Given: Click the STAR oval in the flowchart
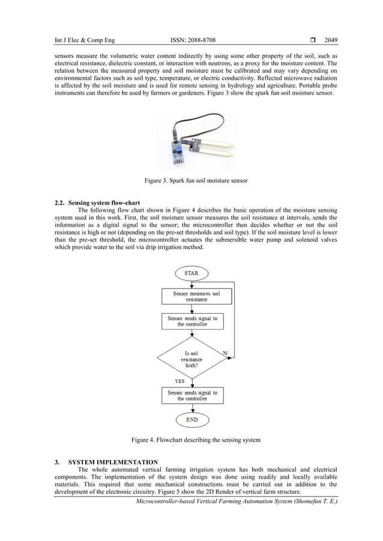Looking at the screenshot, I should (191, 273).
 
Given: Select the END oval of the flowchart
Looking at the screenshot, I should (191, 419).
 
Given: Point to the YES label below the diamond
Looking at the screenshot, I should (179, 380).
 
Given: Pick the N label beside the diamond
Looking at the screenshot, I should (225, 353).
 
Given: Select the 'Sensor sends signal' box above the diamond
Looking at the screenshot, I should (191, 321).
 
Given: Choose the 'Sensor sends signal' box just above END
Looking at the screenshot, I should (191, 395).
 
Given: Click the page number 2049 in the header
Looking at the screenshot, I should (331, 41).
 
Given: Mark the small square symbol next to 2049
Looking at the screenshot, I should (313, 41).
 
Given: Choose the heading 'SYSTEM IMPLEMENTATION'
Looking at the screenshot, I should (113, 462).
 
